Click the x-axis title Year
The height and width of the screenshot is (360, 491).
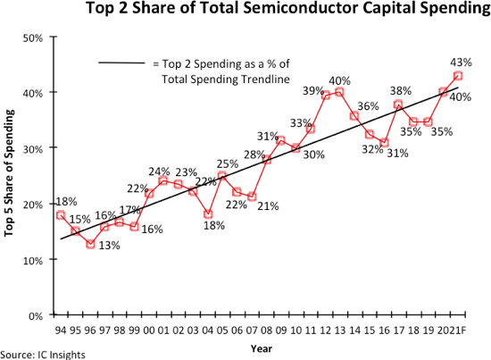click(x=261, y=347)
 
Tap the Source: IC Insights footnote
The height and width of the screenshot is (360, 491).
click(x=43, y=355)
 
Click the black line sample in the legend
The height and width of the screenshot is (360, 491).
click(x=121, y=63)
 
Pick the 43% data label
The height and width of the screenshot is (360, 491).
click(x=462, y=63)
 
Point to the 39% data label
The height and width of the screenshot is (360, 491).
click(x=313, y=91)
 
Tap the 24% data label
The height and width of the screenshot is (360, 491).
click(x=159, y=171)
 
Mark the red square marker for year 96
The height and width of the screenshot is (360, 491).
click(x=90, y=243)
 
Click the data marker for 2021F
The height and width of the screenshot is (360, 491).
click(x=458, y=76)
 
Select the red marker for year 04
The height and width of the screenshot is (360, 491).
click(x=207, y=214)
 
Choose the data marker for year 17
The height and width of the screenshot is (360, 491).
click(x=399, y=105)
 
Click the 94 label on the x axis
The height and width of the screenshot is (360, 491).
click(x=61, y=331)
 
